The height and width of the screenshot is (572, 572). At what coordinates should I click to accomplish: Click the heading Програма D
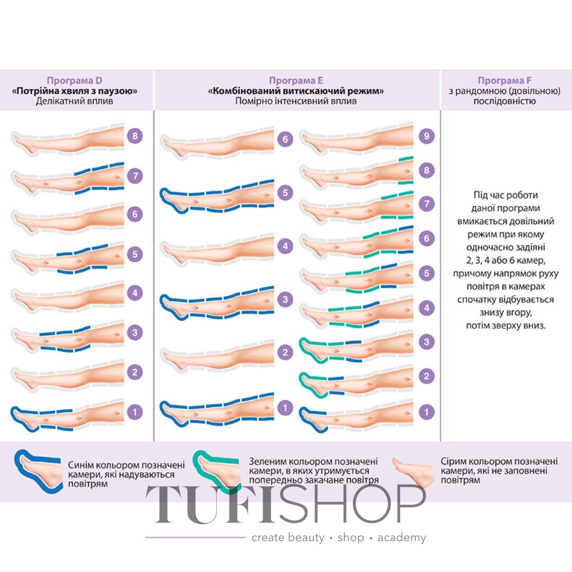pos(74,80)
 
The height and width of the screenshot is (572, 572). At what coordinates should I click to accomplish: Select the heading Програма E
pos(296,80)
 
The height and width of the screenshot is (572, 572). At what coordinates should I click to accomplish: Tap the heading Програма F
pos(505,80)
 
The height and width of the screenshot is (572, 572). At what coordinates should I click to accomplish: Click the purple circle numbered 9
pos(427,136)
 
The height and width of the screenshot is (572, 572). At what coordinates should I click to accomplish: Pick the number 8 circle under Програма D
pos(135,136)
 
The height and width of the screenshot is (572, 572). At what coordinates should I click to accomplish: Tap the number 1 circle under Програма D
pos(135,412)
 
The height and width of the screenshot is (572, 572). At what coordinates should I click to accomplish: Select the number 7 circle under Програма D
pos(135,176)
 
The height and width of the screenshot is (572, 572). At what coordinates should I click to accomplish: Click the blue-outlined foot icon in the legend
pos(38,471)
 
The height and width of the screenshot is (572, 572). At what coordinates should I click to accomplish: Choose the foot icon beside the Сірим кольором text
pos(413,471)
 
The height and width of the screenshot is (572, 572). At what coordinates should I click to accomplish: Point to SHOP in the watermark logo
pos(352,505)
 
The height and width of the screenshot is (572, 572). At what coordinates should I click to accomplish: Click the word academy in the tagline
pos(402,538)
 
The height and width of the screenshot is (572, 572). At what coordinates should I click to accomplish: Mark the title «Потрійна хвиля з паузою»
pos(74,91)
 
